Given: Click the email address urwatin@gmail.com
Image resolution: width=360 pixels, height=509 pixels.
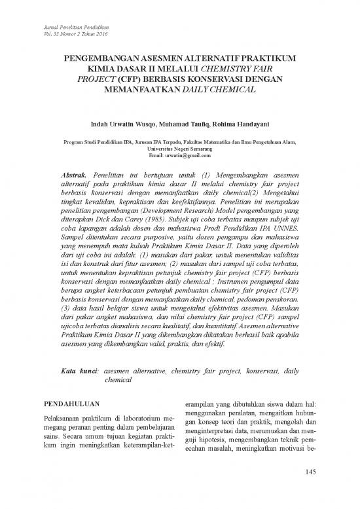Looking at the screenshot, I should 190,155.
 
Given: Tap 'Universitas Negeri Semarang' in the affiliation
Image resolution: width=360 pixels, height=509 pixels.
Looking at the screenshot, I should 180,148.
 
